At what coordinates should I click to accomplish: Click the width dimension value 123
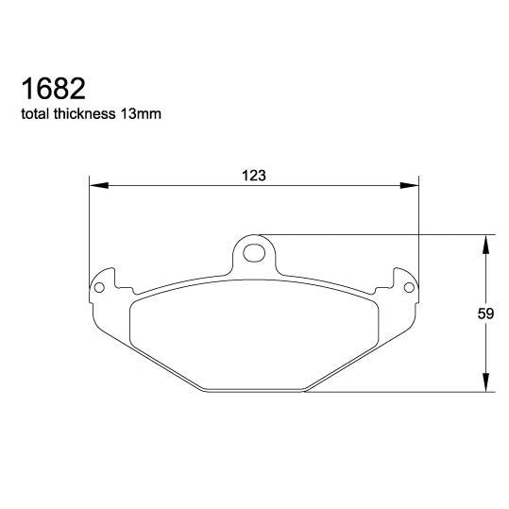252,176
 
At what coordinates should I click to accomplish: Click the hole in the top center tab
253,252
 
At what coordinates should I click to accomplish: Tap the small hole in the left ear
99,284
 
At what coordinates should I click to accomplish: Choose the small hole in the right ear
407,284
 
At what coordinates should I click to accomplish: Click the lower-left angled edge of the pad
151,358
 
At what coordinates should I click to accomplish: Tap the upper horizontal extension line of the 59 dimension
378,233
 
